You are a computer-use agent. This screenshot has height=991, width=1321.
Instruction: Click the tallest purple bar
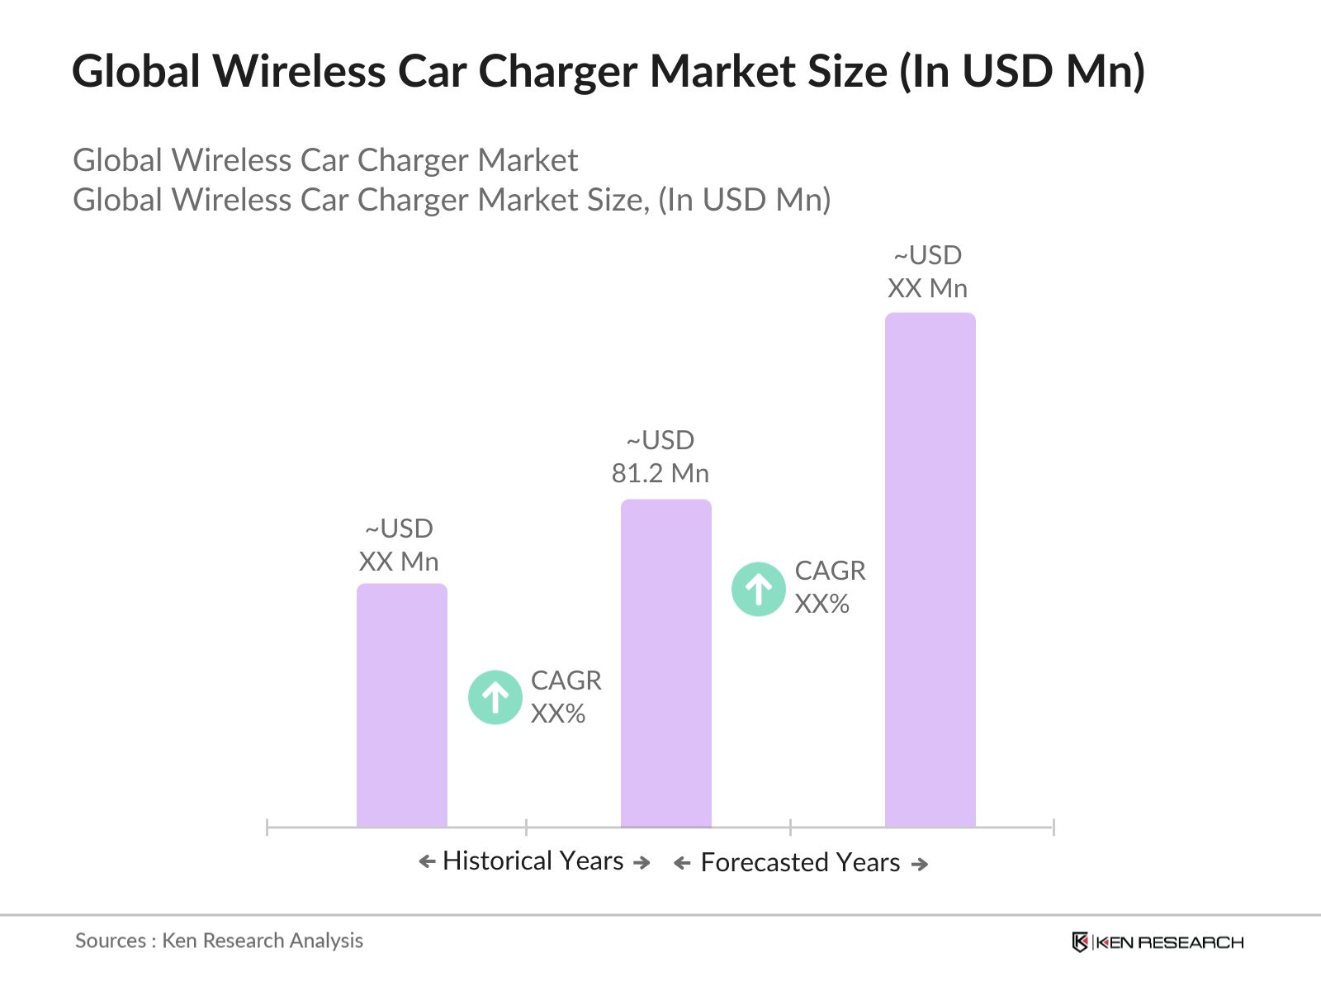click(930, 570)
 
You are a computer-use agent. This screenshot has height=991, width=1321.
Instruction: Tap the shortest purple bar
click(401, 705)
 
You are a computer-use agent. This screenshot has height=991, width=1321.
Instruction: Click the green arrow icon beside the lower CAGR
click(495, 697)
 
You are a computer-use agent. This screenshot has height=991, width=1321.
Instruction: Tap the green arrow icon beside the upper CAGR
click(758, 589)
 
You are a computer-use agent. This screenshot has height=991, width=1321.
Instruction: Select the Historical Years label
click(533, 861)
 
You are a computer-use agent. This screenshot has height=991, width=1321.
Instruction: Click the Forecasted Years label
click(800, 862)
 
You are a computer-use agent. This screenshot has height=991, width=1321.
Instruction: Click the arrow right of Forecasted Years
click(920, 864)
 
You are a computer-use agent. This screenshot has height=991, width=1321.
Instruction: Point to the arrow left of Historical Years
click(427, 861)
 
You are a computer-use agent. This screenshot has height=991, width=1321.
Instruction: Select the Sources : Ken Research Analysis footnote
click(219, 941)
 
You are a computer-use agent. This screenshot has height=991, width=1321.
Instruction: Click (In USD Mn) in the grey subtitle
click(744, 200)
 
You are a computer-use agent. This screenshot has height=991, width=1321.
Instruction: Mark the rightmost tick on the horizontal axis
click(1053, 827)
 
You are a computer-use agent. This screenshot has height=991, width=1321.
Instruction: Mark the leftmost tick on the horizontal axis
click(268, 827)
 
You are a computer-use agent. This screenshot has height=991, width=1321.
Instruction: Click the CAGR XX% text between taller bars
click(829, 587)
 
